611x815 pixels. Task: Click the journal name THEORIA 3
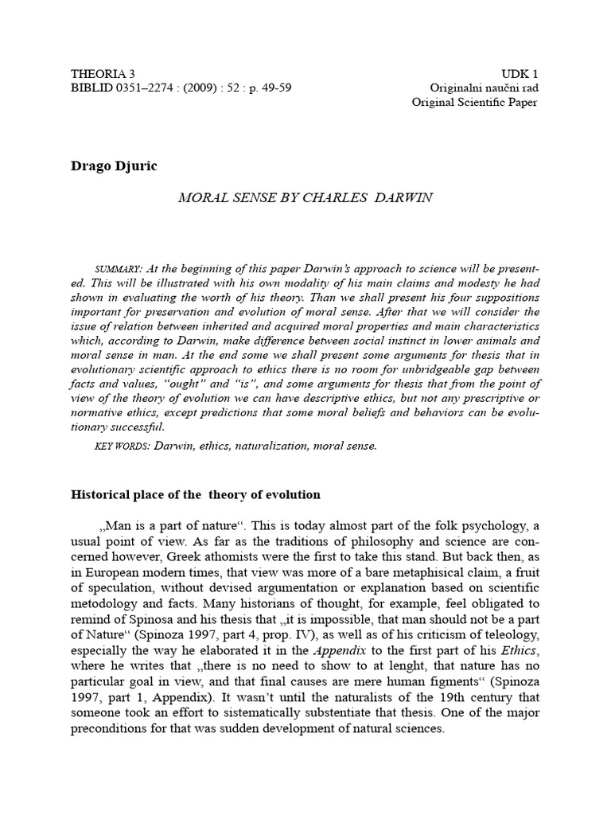pos(104,72)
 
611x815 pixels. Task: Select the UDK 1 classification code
pos(519,72)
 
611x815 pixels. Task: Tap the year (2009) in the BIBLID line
pos(202,88)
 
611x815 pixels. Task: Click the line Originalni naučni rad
pos(484,88)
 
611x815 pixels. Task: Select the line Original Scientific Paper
pos(474,103)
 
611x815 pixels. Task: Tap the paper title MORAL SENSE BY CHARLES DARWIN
pos(305,197)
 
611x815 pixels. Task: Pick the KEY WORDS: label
pos(122,446)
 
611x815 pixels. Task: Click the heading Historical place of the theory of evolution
pos(196,494)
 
